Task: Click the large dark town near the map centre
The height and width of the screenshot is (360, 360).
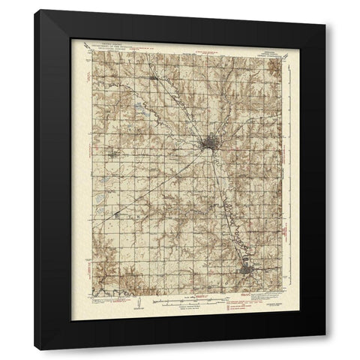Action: click(208, 142)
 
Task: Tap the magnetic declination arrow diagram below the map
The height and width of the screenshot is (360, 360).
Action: click(137, 304)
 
